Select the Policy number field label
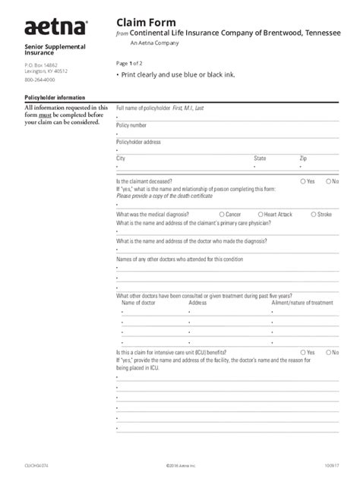point(131,125)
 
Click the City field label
point(121,158)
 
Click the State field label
point(260,158)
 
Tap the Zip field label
point(303,158)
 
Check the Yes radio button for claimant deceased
point(303,182)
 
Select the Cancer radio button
point(221,215)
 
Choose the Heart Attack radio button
point(261,215)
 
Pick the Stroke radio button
point(312,215)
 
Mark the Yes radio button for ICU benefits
point(303,353)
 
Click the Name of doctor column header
point(138,303)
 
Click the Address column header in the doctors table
point(197,303)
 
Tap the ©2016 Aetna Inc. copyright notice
point(179,464)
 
